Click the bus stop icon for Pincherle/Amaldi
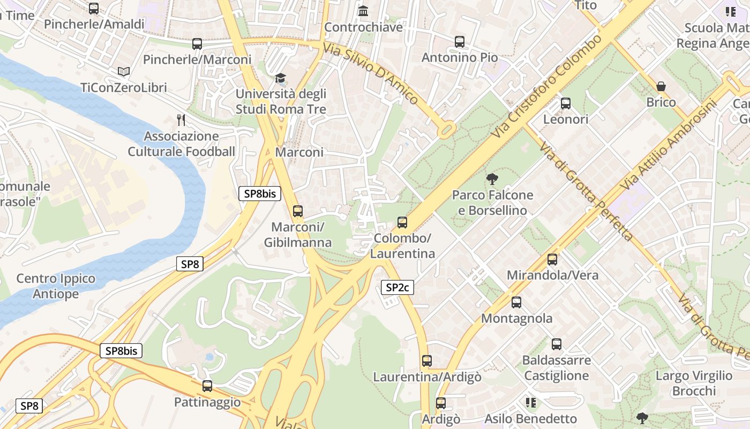94,9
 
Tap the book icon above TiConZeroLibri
123,71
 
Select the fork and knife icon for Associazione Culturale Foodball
181,120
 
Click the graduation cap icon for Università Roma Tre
281,78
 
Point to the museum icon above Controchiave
363,11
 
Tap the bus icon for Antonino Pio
459,41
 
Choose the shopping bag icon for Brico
661,86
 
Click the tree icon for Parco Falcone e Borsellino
492,179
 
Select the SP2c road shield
397,287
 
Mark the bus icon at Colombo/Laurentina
402,222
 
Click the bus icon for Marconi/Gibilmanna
297,211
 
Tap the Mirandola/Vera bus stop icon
552,260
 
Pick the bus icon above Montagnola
516,302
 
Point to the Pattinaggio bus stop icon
207,386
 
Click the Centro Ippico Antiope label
56,286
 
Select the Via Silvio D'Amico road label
371,73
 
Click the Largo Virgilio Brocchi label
694,383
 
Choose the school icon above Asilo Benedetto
531,403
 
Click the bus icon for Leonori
566,103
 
